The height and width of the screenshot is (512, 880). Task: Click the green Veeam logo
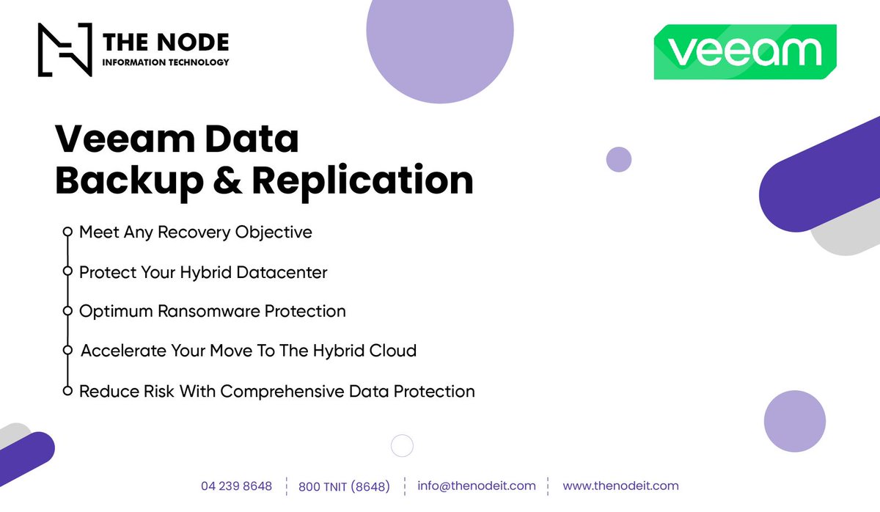coord(745,52)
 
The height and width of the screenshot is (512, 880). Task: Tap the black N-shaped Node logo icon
coord(65,50)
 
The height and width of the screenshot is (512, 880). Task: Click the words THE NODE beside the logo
coord(166,42)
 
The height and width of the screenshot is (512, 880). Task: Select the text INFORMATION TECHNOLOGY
coord(166,62)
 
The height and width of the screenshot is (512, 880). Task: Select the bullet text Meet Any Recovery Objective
coord(195,233)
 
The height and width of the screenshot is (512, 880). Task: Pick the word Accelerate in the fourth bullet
coord(123,351)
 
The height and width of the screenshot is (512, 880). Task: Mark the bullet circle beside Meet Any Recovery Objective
coord(67,232)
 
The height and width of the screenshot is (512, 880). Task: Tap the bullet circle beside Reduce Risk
coord(67,391)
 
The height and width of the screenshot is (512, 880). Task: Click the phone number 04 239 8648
coord(236,486)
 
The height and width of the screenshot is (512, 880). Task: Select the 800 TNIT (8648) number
coord(344,486)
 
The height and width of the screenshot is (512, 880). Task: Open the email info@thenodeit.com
coord(477,486)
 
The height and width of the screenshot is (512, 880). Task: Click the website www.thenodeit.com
coord(620,486)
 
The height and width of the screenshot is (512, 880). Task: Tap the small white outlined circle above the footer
coord(402,445)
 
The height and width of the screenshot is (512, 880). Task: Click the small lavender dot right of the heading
coord(619,159)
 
